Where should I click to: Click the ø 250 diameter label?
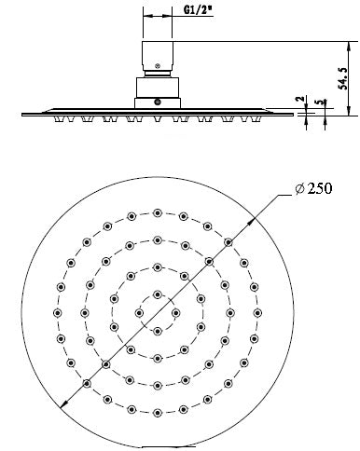click(312, 190)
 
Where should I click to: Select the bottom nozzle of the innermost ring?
click(158, 331)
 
